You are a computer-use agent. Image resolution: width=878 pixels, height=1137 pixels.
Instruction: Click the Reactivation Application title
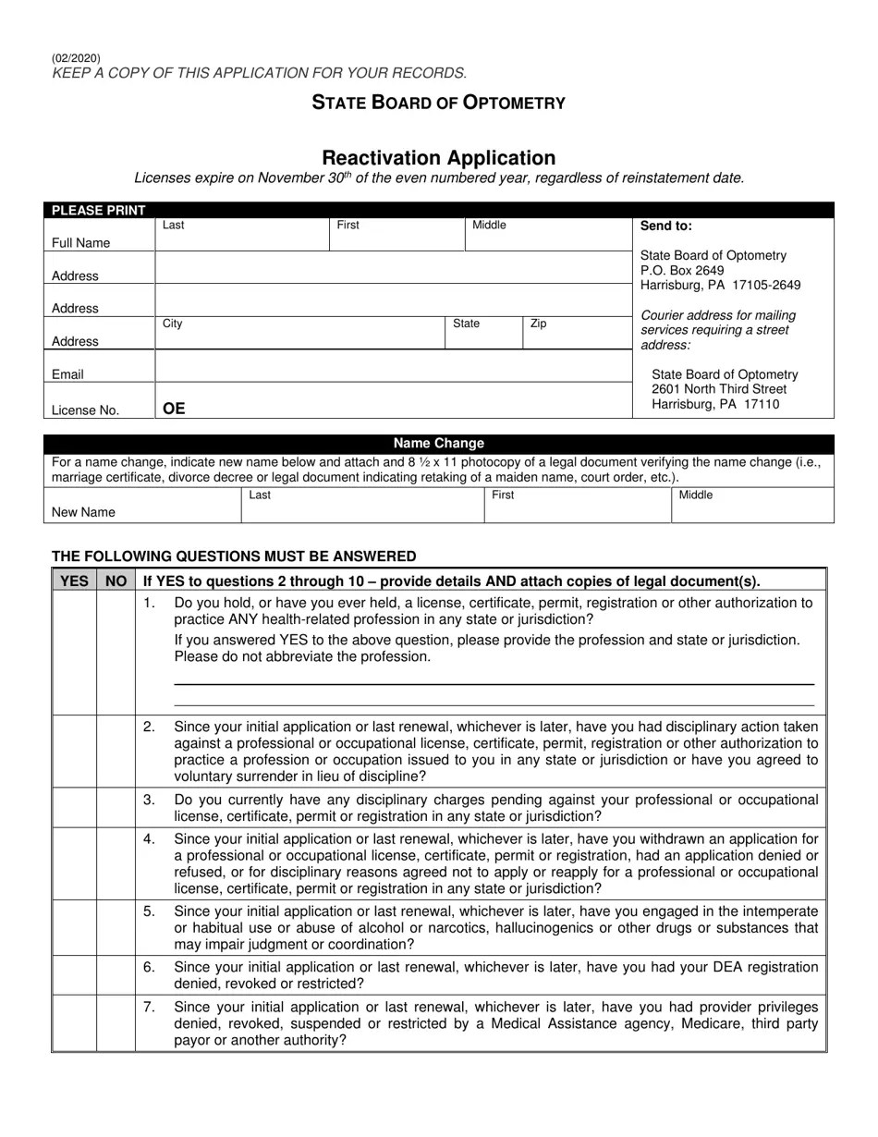[438, 158]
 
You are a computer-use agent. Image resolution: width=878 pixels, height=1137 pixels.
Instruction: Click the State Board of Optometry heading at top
[438, 103]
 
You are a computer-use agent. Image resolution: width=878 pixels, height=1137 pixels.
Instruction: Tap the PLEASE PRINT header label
[98, 210]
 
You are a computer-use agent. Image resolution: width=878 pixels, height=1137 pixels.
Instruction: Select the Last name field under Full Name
[241, 238]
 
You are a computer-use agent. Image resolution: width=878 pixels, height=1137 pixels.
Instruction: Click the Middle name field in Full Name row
[547, 238]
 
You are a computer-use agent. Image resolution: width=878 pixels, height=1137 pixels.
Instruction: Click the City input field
[299, 336]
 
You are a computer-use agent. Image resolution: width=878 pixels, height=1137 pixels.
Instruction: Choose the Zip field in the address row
[577, 336]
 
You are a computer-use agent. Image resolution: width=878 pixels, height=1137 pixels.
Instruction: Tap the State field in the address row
[483, 336]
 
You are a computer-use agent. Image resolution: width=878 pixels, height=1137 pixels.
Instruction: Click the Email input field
[393, 367]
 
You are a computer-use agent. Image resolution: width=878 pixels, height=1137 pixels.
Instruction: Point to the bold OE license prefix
[174, 409]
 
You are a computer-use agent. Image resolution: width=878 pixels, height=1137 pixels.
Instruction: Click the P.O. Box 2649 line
[682, 270]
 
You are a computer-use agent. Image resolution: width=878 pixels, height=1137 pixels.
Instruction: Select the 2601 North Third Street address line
[718, 389]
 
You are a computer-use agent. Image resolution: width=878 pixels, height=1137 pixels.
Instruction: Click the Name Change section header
[438, 443]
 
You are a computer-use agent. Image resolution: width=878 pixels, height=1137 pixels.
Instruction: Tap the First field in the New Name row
[577, 507]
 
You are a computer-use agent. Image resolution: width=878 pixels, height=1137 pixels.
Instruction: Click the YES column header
[74, 581]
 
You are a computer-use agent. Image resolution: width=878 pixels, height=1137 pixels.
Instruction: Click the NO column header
[116, 581]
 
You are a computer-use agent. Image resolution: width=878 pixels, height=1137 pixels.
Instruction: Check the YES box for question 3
[74, 808]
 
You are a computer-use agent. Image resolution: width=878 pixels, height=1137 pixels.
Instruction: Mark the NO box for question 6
[116, 975]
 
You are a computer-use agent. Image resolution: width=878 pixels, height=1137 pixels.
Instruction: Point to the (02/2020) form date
[76, 58]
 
